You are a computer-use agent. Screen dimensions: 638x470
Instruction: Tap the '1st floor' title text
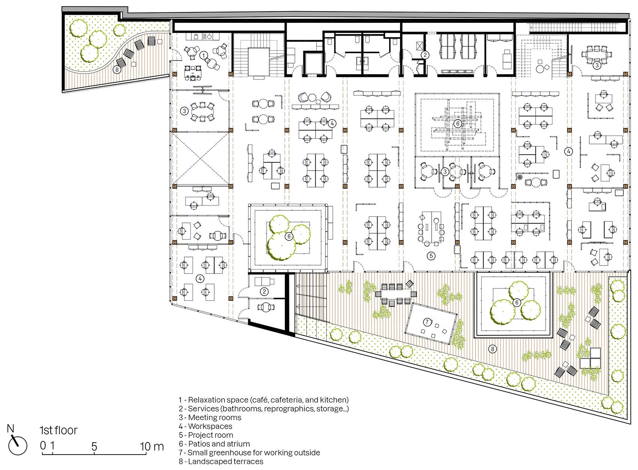pyautogui.click(x=59, y=431)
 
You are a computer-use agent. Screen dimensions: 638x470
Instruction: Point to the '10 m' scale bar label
pyautogui.click(x=152, y=446)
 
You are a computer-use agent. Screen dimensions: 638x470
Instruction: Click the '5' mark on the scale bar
pyautogui.click(x=94, y=446)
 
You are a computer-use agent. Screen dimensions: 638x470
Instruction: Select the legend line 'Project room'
pyautogui.click(x=206, y=435)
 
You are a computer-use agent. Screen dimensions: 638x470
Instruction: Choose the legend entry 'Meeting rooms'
pyautogui.click(x=210, y=417)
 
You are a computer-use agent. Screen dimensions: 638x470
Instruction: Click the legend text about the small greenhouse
pyautogui.click(x=249, y=452)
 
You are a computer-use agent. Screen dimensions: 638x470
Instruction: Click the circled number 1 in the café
pyautogui.click(x=203, y=55)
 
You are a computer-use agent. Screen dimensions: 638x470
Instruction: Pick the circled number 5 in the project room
pyautogui.click(x=431, y=256)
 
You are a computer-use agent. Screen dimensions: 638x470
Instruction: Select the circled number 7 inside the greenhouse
pyautogui.click(x=427, y=322)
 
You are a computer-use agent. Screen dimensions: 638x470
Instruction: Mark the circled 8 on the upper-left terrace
pyautogui.click(x=117, y=69)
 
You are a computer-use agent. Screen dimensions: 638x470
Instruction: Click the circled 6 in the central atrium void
pyautogui.click(x=458, y=123)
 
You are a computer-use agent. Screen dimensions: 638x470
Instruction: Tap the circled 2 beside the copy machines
pyautogui.click(x=425, y=55)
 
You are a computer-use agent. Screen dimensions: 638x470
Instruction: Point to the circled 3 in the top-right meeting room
pyautogui.click(x=597, y=65)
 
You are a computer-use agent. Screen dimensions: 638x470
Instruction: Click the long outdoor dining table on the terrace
pyautogui.click(x=396, y=294)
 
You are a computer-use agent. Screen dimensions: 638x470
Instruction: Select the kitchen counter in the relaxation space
pyautogui.click(x=203, y=36)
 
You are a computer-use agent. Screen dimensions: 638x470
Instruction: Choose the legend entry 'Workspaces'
pyautogui.click(x=205, y=426)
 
